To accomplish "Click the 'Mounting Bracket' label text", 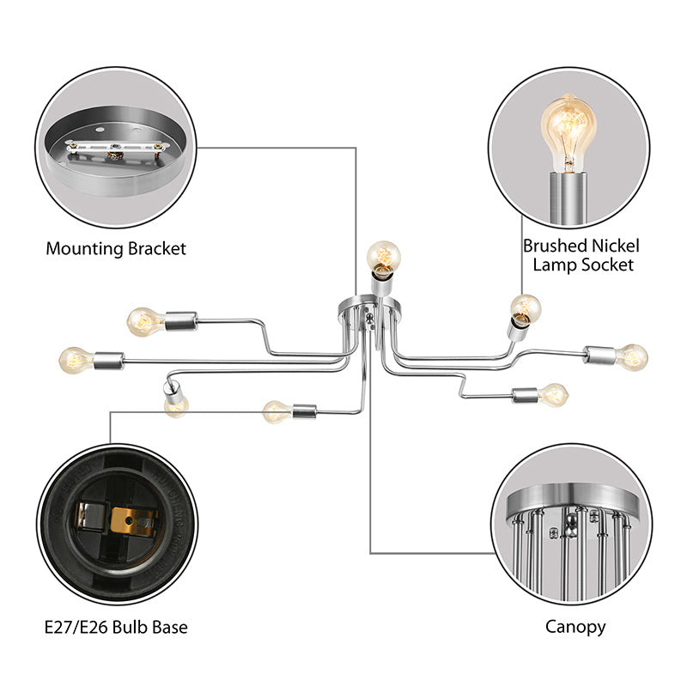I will (116, 249).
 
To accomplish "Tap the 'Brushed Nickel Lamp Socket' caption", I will (581, 255).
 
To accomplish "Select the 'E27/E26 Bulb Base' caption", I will (116, 627).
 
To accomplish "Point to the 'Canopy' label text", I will (575, 627).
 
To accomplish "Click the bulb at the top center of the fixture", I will (383, 255).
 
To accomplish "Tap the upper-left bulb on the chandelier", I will (144, 321).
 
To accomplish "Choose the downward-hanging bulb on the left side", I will (176, 404).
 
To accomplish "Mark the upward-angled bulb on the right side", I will (524, 307).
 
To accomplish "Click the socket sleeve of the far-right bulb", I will (601, 354).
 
